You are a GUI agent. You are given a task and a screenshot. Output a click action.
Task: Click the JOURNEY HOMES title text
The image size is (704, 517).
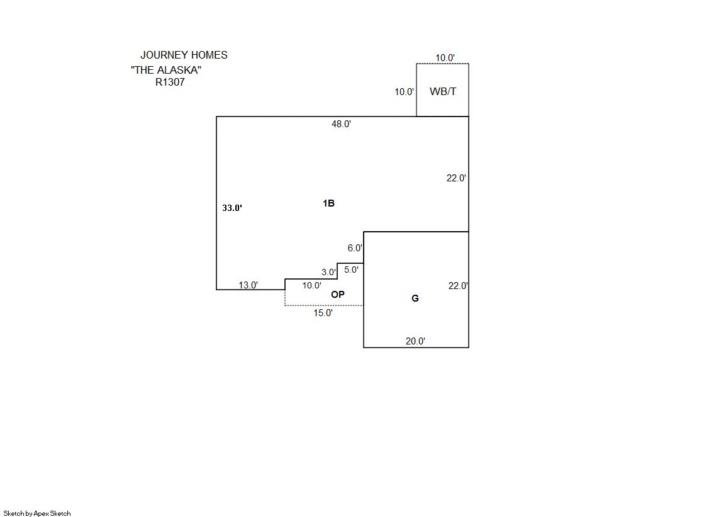pos(184,55)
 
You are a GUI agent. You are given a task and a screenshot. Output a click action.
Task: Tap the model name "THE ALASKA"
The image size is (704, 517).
pos(166,70)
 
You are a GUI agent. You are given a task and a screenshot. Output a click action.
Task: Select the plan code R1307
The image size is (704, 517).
pos(170,82)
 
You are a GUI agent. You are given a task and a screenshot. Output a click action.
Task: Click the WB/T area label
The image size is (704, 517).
pos(443,92)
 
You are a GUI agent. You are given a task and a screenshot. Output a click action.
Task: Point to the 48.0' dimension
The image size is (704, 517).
pos(341,125)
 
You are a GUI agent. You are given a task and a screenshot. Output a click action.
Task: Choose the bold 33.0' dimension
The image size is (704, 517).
pos(232,208)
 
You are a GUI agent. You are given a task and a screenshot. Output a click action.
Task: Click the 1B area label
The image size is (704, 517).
pos(328,203)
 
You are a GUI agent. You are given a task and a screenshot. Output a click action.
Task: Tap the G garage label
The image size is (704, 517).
pos(415,298)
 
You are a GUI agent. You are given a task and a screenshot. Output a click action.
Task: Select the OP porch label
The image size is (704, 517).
pos(338,294)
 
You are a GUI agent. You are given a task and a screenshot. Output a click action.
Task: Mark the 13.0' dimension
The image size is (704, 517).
pos(248,285)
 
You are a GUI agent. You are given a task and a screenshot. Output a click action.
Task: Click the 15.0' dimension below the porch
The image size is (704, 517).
pos(323,313)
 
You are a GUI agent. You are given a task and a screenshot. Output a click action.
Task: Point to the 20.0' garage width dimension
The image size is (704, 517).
pos(415,341)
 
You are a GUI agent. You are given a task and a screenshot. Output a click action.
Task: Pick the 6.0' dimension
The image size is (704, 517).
pos(355,249)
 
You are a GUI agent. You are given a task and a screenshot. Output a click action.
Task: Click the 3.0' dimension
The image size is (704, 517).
pos(328,273)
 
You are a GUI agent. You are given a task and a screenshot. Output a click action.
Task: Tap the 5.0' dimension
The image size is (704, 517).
pos(351,270)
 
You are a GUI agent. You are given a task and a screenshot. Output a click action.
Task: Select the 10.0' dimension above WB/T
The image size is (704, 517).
pos(445,58)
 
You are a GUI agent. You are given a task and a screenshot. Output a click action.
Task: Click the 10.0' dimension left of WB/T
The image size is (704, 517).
pos(404,92)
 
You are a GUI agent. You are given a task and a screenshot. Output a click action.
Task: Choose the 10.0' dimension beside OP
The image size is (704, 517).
pos(311,286)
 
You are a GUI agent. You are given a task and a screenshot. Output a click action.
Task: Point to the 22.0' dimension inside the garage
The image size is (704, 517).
pos(457,286)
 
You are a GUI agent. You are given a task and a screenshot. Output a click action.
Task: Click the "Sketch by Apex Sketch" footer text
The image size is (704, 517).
pos(37,513)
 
